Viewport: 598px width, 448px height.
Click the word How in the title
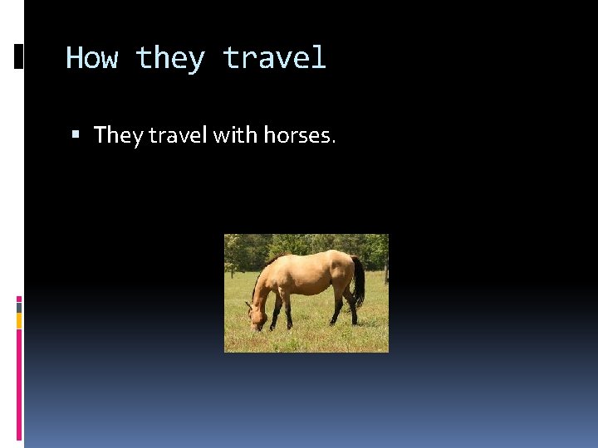click(x=91, y=58)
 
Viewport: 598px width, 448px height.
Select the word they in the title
click(x=169, y=59)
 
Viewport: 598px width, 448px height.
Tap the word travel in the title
click(x=274, y=58)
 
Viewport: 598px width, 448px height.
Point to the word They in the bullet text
click(x=119, y=134)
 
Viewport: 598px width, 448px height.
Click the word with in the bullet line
click(x=236, y=134)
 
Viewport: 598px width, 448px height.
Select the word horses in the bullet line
click(x=297, y=134)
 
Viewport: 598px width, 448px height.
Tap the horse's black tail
click(x=359, y=282)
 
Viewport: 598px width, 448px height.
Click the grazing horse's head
click(x=257, y=316)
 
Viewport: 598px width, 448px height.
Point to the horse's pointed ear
click(x=248, y=305)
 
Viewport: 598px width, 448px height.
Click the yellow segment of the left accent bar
click(x=19, y=320)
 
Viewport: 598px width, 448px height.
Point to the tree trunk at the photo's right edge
click(x=385, y=270)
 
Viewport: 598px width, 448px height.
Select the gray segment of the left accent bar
click(x=19, y=307)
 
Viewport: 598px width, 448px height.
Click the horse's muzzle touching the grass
click(x=256, y=327)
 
